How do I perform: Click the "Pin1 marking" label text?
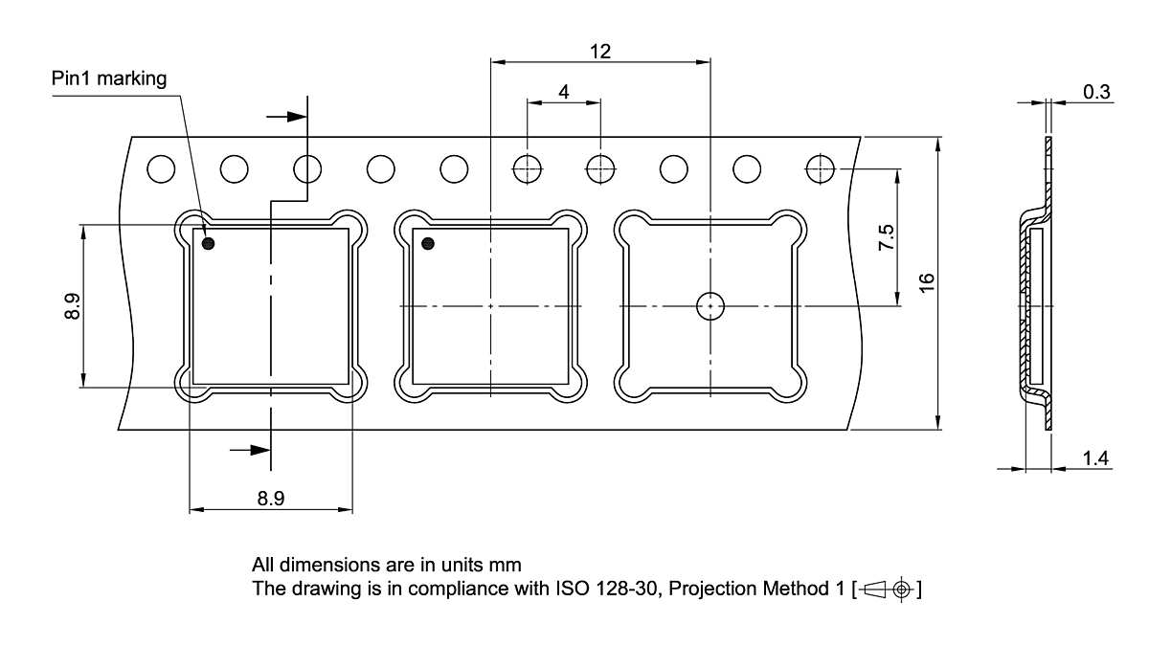[x=109, y=78]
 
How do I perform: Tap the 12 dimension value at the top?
[x=600, y=52]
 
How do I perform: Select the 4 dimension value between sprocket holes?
[x=563, y=92]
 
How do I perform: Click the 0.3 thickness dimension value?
[x=1096, y=92]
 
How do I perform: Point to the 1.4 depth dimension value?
[x=1096, y=459]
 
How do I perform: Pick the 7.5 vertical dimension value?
[x=887, y=237]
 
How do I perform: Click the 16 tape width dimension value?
[x=926, y=283]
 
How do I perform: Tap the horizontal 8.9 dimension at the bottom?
[x=271, y=499]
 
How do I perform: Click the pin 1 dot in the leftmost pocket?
[x=209, y=244]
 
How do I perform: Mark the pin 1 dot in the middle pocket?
[x=428, y=244]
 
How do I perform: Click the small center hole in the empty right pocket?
[x=710, y=305]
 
